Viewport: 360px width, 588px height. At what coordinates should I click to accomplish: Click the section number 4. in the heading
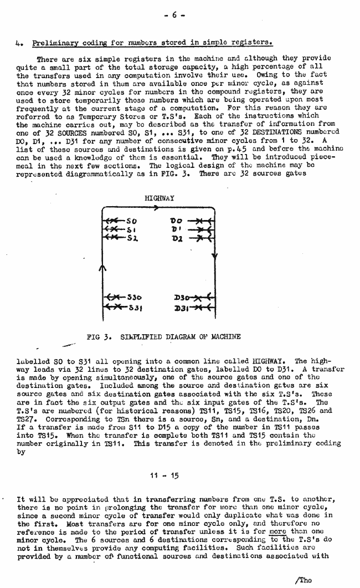pos(20,42)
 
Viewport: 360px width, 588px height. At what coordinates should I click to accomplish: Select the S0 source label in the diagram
pos(131,221)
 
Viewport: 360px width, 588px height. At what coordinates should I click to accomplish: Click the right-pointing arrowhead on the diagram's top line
pos(157,208)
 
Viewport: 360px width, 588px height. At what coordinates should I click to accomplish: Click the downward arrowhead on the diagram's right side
pos(213,257)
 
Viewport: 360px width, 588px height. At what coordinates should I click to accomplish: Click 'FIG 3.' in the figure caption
pos(99,336)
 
